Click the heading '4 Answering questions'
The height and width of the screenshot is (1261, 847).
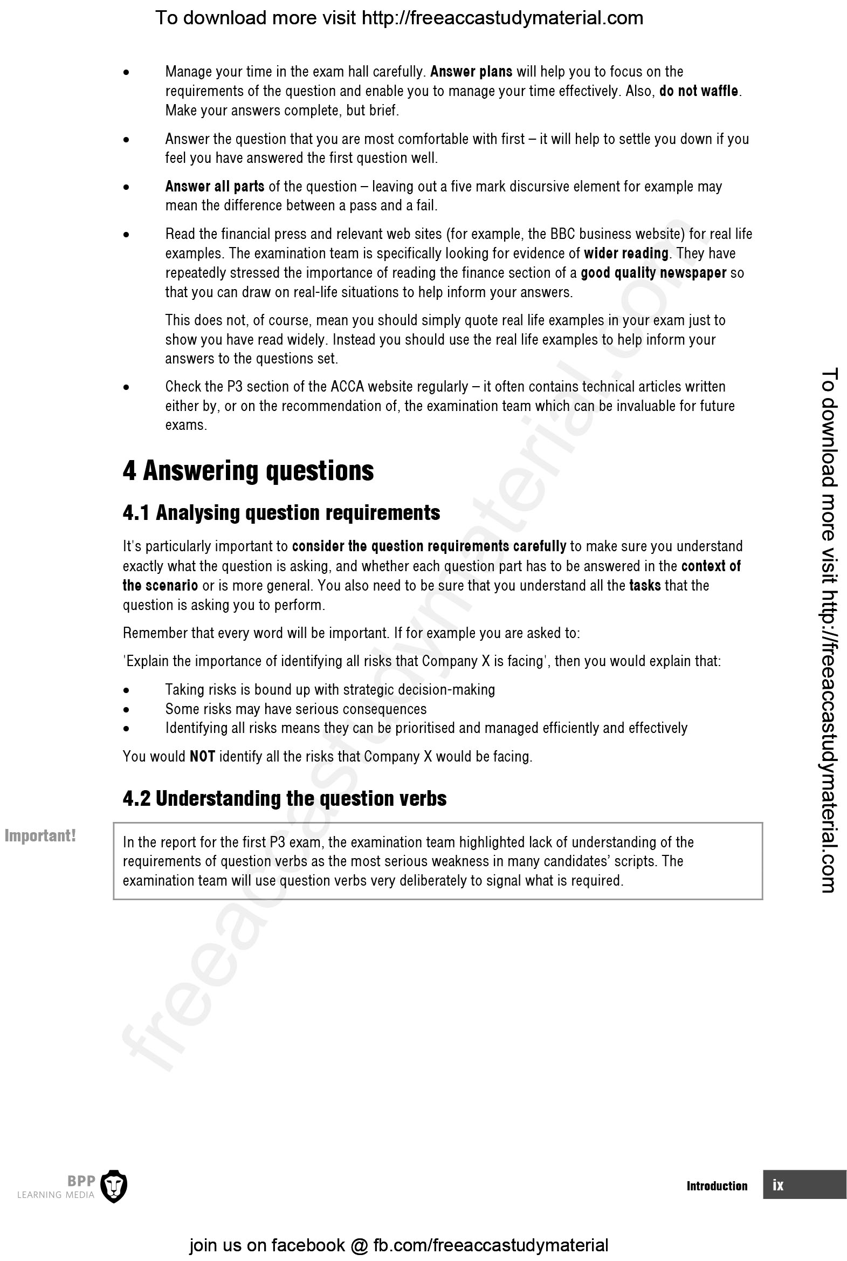point(248,470)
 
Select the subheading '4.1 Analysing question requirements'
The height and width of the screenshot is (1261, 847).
point(281,513)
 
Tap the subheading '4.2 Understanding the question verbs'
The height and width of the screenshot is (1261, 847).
point(284,799)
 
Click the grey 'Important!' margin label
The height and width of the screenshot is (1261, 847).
point(40,836)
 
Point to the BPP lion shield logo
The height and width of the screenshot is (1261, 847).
point(114,1187)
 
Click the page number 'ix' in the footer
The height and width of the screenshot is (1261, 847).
point(778,1185)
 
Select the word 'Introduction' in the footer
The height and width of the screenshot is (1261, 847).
point(717,1186)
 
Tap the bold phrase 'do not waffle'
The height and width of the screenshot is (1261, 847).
point(698,91)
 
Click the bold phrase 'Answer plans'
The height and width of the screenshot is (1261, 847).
point(471,71)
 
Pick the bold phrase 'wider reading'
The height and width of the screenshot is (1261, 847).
point(626,253)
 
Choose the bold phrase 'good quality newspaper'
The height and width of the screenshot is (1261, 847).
point(653,272)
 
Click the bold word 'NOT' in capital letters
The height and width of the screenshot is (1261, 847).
point(202,756)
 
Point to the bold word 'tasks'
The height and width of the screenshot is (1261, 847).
point(645,585)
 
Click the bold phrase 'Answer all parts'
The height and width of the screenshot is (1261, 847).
point(215,187)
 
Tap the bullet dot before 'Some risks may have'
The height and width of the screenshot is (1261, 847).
point(126,709)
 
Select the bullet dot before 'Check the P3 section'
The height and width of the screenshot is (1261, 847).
point(126,387)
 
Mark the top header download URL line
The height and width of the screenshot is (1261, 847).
point(399,18)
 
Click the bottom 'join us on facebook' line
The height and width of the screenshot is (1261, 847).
point(398,1245)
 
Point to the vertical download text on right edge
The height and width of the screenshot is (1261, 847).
point(829,630)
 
